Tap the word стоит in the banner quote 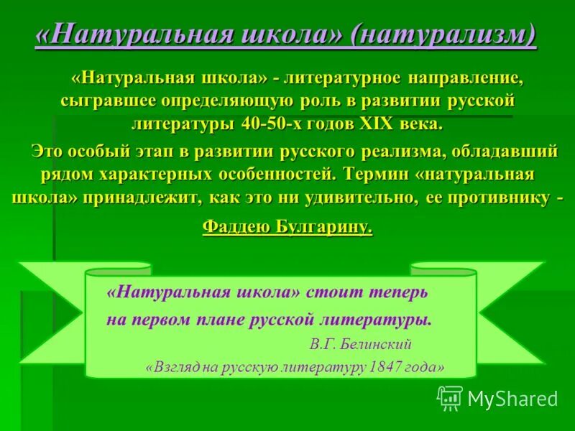point(328,292)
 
